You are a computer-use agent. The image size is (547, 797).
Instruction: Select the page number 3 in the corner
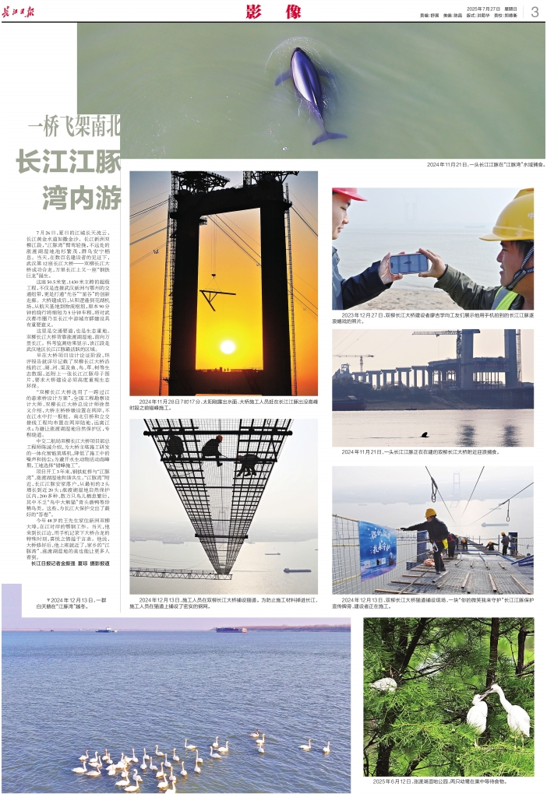point(535,12)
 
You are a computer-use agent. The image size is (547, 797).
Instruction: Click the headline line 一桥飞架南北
point(75,125)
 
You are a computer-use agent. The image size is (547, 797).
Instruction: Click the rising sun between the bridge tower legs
point(228,346)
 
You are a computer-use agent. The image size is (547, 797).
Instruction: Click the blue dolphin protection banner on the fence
point(377,549)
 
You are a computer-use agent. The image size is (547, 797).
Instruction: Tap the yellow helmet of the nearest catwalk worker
point(430,513)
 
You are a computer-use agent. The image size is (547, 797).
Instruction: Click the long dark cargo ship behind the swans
point(231,629)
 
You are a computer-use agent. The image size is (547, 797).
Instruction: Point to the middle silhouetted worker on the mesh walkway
point(210,448)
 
